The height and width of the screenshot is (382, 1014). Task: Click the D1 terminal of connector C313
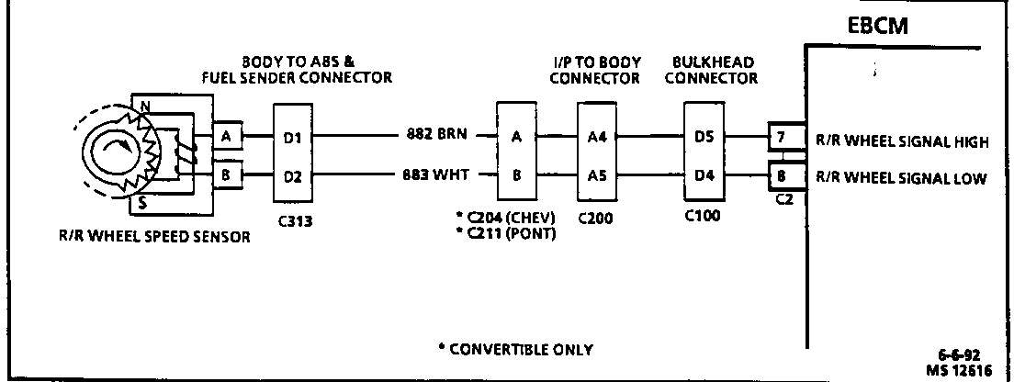(292, 140)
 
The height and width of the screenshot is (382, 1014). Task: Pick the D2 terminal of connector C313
(292, 177)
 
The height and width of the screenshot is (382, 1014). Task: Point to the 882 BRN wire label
(437, 134)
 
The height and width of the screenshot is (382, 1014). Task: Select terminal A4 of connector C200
(598, 140)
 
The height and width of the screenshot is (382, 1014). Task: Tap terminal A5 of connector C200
(598, 177)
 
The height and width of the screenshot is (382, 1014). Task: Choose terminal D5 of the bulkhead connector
(704, 140)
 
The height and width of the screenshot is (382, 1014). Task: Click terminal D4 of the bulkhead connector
(704, 177)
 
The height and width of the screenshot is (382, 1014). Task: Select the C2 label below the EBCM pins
(783, 199)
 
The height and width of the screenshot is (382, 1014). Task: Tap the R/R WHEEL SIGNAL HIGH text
(901, 142)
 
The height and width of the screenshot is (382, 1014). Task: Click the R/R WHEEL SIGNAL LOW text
(901, 178)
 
